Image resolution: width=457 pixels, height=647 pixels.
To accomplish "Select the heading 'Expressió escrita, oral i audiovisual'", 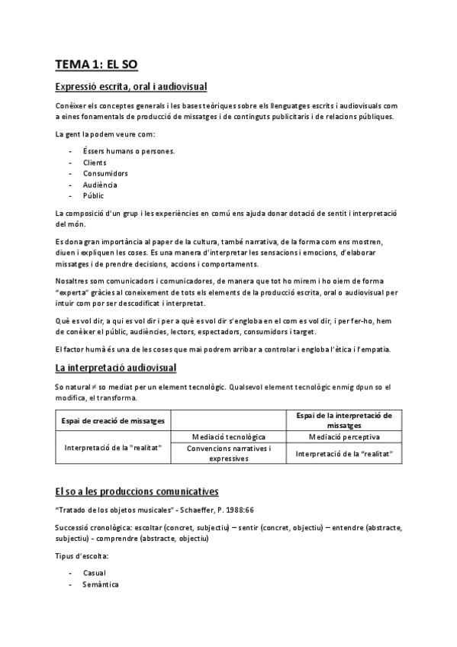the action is pyautogui.click(x=131, y=87).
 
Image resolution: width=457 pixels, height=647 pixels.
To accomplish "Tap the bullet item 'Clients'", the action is pyautogui.click(x=95, y=162).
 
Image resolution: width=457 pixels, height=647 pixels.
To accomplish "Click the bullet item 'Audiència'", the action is pyautogui.click(x=100, y=185).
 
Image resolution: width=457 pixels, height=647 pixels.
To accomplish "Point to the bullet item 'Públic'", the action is pyautogui.click(x=93, y=195).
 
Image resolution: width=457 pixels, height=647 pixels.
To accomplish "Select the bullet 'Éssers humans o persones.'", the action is pyautogui.click(x=129, y=151).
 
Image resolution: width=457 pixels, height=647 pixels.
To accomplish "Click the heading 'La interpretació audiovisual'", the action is pyautogui.click(x=116, y=369).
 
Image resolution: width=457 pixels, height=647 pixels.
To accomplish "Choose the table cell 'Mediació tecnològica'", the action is pyautogui.click(x=228, y=436).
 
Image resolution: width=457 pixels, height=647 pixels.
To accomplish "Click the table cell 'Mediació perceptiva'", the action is pyautogui.click(x=344, y=436).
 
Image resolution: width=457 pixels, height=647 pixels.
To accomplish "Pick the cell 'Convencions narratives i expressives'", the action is pyautogui.click(x=228, y=453).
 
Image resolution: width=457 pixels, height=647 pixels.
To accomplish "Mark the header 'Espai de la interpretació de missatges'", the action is pyautogui.click(x=344, y=420).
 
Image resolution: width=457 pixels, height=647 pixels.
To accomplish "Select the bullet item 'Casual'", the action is pyautogui.click(x=95, y=572).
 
